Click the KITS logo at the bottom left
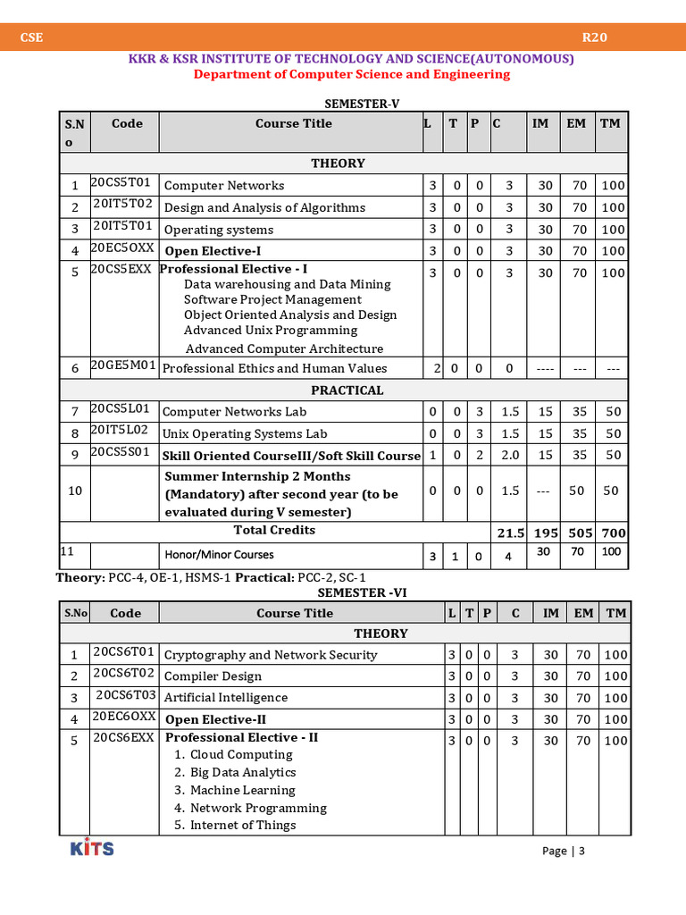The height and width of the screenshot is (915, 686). pos(92,847)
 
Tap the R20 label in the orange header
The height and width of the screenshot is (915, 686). pos(595,38)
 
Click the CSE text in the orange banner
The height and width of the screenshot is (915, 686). pos(33,38)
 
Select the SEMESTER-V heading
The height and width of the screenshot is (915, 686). pos(362,104)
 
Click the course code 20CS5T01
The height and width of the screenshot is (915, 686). pos(121,183)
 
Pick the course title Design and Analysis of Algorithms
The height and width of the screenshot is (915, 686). pos(264,207)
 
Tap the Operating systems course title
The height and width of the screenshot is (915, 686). pos(219,230)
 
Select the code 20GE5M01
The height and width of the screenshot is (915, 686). pos(123,365)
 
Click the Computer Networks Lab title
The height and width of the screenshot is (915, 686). pos(234,412)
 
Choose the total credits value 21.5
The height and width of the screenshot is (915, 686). pos(510,533)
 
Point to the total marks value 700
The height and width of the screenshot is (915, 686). pos(613,533)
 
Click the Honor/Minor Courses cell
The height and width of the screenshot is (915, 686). pos(219,555)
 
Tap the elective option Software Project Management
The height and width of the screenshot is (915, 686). pos(272,299)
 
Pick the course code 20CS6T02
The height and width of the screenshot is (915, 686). pos(124,675)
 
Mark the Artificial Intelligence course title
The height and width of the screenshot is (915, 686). pos(226,697)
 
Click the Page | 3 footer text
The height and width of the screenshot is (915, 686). pos(563,851)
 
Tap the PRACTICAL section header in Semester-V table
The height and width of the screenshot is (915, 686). pos(347,390)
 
